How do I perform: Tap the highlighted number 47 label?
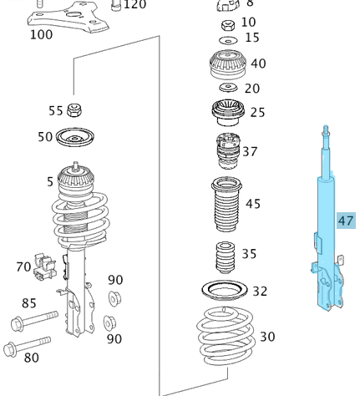coord(346,221)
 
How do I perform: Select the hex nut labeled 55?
coord(75,109)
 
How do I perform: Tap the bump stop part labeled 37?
coord(224,150)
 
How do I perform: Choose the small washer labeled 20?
coord(227,89)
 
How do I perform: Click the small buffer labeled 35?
coord(224,256)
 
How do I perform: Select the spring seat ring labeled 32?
coord(225,292)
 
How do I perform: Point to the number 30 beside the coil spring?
coord(267,337)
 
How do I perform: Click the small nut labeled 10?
coord(226,23)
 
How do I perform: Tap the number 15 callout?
coord(252,38)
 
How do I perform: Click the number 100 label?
coord(41,35)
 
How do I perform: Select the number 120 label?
coord(134,5)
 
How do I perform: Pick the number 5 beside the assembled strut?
coord(50,181)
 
